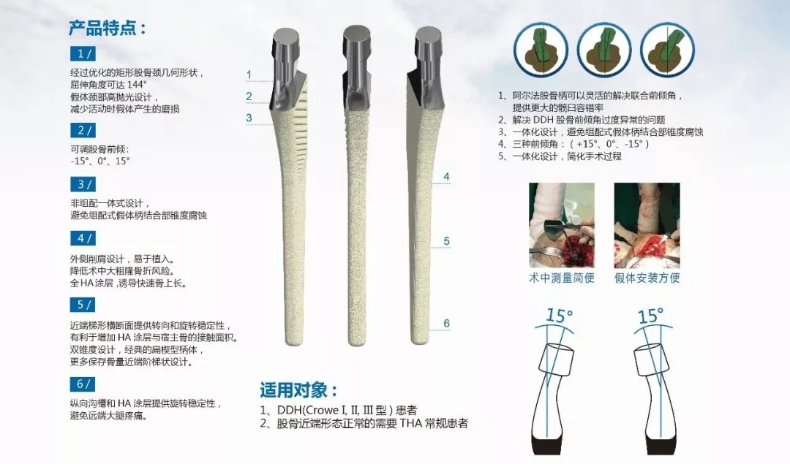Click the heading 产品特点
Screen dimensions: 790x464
pos(107,28)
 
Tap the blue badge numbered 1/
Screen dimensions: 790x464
pos(83,53)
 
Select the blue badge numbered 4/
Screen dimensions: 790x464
pos(83,238)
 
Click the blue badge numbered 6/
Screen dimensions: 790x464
pos(83,384)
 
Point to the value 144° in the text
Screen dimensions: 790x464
pos(137,85)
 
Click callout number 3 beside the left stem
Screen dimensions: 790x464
pos(249,118)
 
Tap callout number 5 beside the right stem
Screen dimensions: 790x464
pos(446,241)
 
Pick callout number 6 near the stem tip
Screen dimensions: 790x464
pos(446,323)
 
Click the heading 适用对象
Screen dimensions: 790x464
pos(298,389)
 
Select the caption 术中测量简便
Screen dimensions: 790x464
pos(561,278)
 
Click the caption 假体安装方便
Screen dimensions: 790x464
pos(647,278)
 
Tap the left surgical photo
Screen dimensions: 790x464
pos(561,225)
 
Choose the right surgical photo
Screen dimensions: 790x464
pos(647,225)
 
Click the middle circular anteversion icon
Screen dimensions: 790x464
pos(604,50)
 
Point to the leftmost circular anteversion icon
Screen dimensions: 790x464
pos(541,50)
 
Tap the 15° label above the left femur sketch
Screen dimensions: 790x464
pos(560,316)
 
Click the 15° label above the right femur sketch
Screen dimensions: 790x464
pos(650,316)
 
